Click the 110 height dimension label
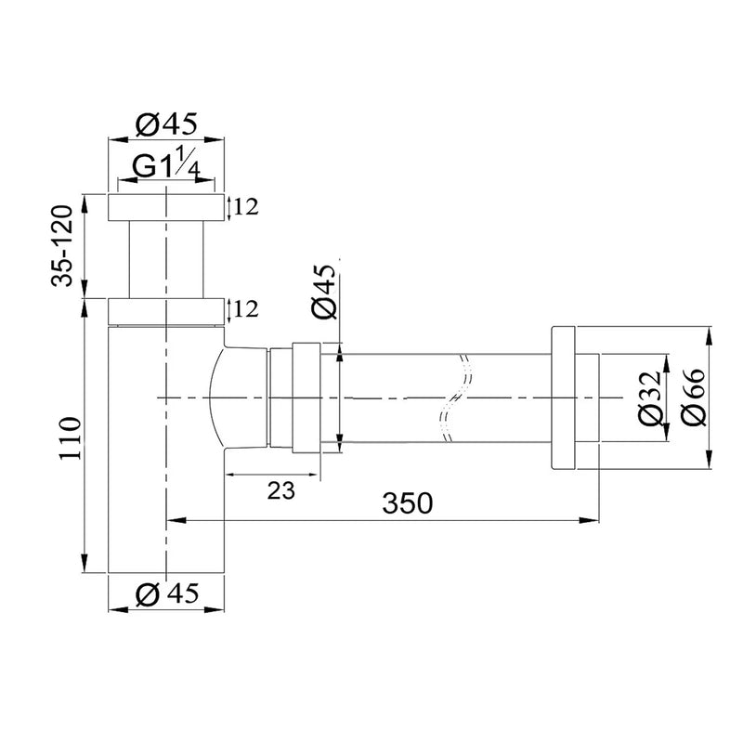coord(66,437)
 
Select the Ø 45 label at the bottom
coord(167,594)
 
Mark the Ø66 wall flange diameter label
coord(694,399)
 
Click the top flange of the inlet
coord(167,207)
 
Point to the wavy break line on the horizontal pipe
coord(455,398)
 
